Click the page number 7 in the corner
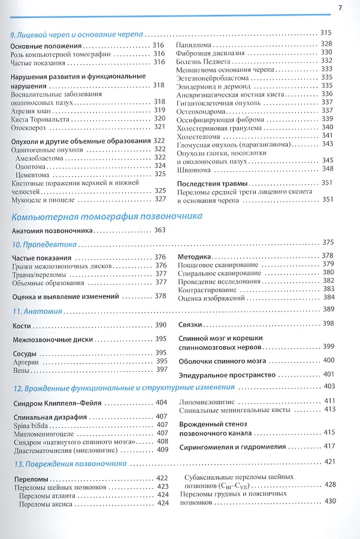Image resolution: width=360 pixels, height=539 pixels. coord(340,8)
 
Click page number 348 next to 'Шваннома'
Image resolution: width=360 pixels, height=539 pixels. coord(326,169)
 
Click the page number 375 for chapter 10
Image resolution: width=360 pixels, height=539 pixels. coord(328,243)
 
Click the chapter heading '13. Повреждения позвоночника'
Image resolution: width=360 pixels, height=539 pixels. coord(68,463)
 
